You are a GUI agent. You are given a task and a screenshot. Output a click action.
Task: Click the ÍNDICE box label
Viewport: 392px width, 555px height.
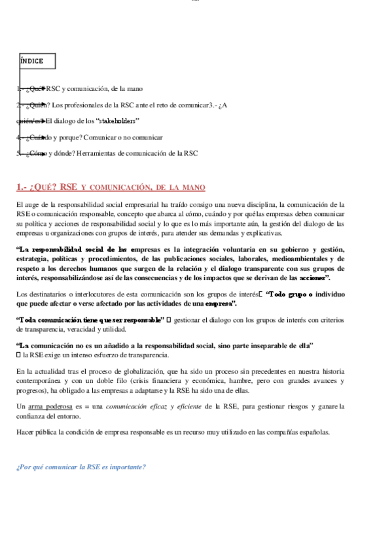click(32, 61)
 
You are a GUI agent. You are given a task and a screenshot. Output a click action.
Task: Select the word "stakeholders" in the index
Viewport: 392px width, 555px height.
click(117, 120)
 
